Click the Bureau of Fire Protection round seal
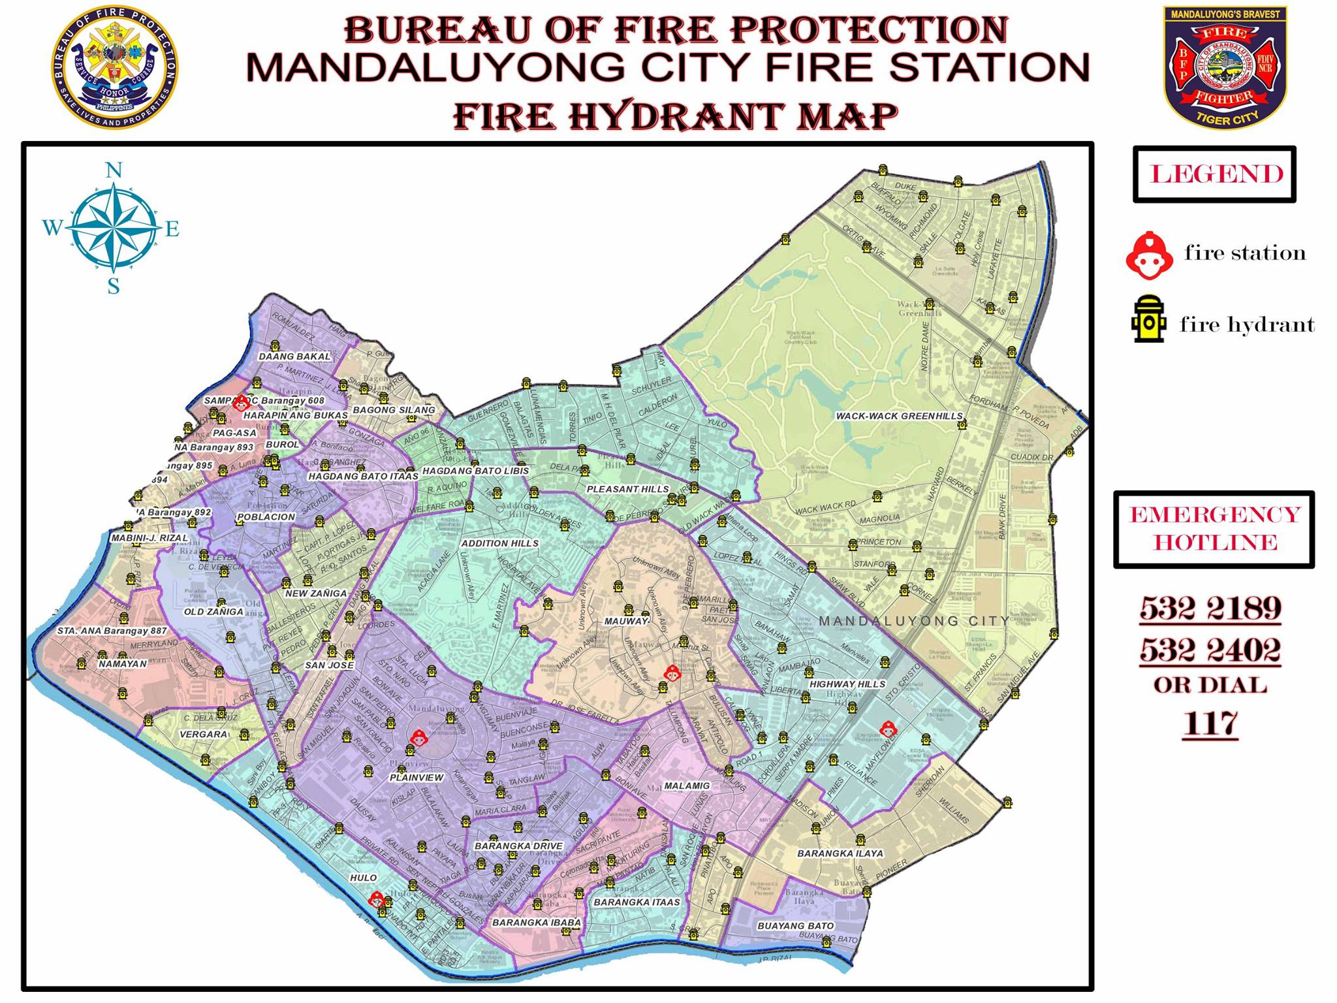tap(114, 68)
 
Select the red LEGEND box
tap(1214, 174)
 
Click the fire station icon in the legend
tap(1147, 255)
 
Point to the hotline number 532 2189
tap(1210, 609)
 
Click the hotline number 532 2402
tap(1210, 650)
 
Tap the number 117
tap(1210, 724)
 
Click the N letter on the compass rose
tap(114, 171)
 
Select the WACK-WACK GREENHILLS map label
tap(899, 416)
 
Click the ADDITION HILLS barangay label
tap(499, 543)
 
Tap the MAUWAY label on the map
tap(625, 621)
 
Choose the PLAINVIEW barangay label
tap(417, 778)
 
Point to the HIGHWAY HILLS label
tap(847, 684)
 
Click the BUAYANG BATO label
tap(795, 926)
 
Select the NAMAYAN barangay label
tap(123, 663)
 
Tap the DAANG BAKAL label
tap(295, 357)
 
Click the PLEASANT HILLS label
tap(627, 489)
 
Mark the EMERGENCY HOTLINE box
tap(1214, 529)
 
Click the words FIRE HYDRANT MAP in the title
tap(675, 116)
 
